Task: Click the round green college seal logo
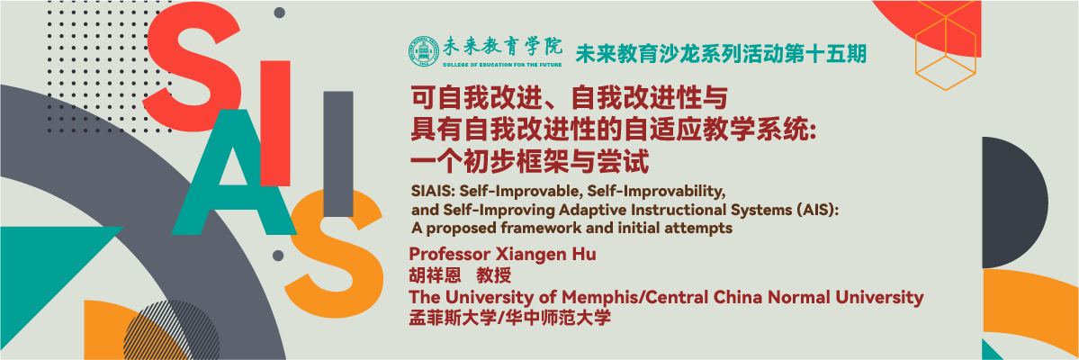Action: [x=423, y=52]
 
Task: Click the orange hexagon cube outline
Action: [x=946, y=49]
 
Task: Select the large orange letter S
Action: [x=334, y=251]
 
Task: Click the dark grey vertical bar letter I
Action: [x=337, y=154]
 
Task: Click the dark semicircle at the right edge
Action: [x=1012, y=202]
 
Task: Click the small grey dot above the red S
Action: [x=279, y=13]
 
